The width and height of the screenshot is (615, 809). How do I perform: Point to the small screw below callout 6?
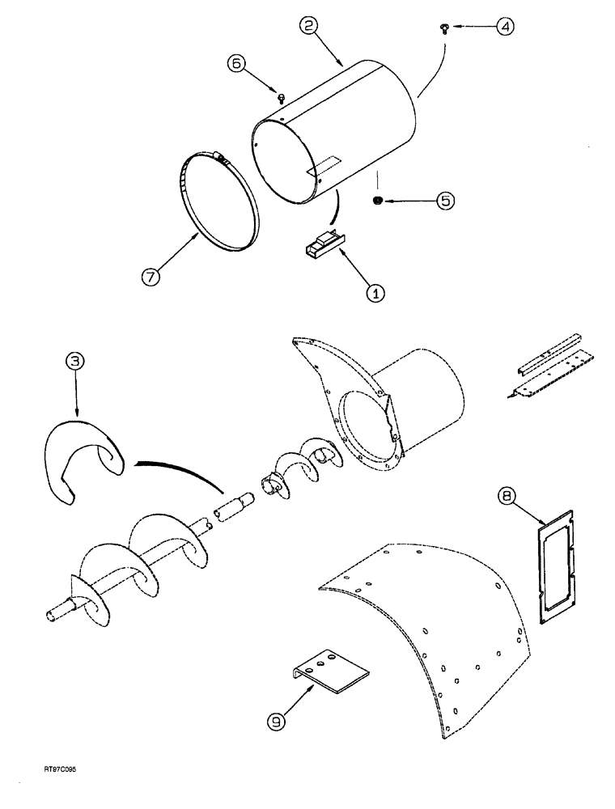click(281, 98)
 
